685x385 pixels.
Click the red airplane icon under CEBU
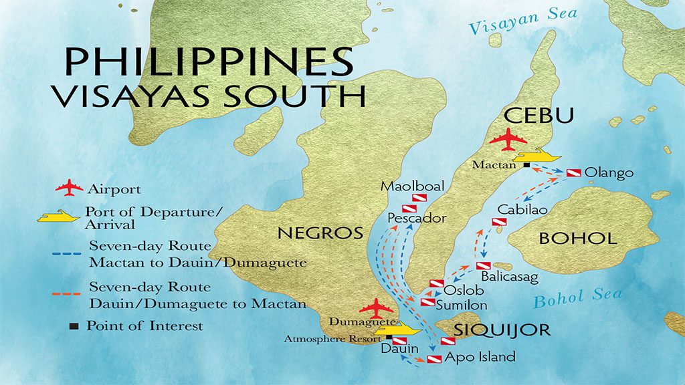(x=508, y=142)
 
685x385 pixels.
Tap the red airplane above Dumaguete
(x=376, y=308)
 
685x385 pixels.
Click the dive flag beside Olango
(x=574, y=173)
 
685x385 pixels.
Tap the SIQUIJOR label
(x=502, y=330)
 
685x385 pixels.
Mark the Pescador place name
(x=417, y=218)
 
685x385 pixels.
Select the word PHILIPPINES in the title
(x=208, y=61)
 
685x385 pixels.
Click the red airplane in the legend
(x=69, y=189)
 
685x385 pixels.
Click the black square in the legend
(x=74, y=326)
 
